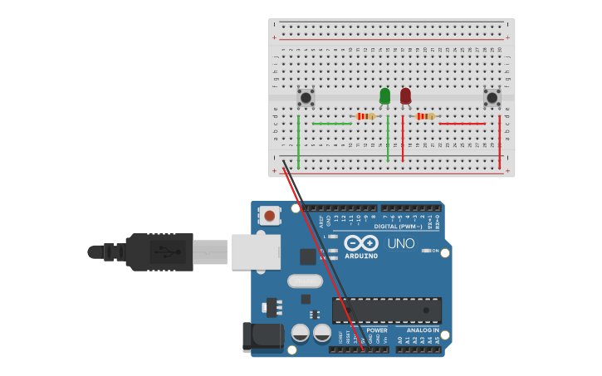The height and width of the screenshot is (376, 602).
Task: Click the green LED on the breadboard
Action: pyautogui.click(x=384, y=96)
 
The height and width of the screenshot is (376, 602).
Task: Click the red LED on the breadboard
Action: pyautogui.click(x=405, y=96)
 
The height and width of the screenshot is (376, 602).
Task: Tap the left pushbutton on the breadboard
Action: pyautogui.click(x=306, y=98)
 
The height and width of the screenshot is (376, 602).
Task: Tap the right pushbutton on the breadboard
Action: pyautogui.click(x=492, y=98)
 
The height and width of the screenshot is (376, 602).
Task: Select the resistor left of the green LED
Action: pyautogui.click(x=365, y=116)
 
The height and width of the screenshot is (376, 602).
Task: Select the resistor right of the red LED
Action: pyautogui.click(x=425, y=116)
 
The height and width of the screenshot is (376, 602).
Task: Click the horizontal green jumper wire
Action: pyautogui.click(x=332, y=124)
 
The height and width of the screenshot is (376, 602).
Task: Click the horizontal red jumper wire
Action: pyautogui.click(x=462, y=124)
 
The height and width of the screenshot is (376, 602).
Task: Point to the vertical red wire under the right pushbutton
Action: pyautogui.click(x=500, y=141)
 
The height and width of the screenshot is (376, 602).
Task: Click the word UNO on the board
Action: pyautogui.click(x=401, y=243)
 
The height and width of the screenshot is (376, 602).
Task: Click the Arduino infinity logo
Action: pyautogui.click(x=361, y=243)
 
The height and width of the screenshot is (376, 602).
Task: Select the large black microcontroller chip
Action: pyautogui.click(x=386, y=310)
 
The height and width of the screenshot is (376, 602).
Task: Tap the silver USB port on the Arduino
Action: pyautogui.click(x=255, y=251)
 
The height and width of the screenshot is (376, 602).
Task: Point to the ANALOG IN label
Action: pyautogui.click(x=418, y=330)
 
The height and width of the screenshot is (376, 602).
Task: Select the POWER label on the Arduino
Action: pyautogui.click(x=377, y=330)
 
